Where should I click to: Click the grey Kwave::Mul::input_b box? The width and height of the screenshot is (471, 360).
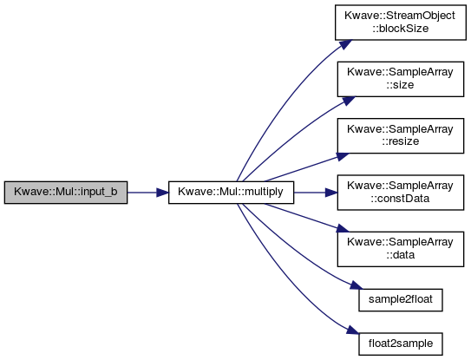click(66, 193)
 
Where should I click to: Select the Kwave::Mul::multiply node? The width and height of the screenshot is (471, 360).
click(231, 193)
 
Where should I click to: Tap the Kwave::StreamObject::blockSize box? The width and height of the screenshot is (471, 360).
click(401, 23)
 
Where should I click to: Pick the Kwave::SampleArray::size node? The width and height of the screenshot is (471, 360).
click(401, 79)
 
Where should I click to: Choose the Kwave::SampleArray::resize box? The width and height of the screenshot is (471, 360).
click(401, 136)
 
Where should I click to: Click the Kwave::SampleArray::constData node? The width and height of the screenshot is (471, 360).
click(401, 193)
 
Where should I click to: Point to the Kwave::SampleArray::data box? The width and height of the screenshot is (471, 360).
click(401, 249)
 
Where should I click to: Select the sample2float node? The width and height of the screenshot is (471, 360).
click(401, 300)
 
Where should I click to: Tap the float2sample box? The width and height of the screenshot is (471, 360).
click(401, 344)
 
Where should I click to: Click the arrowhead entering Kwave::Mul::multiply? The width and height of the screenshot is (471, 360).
click(162, 193)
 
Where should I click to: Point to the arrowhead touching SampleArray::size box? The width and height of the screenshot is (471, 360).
click(349, 101)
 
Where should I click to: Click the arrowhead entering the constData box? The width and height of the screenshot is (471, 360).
click(331, 193)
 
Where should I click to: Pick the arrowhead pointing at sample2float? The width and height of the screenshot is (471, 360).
click(357, 285)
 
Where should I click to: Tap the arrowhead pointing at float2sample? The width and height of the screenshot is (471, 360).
click(353, 331)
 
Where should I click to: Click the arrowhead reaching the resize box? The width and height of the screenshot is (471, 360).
click(343, 156)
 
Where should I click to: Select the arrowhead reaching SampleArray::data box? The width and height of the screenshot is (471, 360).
click(343, 228)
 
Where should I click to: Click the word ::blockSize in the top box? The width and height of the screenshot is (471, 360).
click(401, 29)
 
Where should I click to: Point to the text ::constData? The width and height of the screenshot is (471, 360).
click(400, 199)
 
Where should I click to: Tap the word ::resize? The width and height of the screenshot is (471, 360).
click(401, 141)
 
